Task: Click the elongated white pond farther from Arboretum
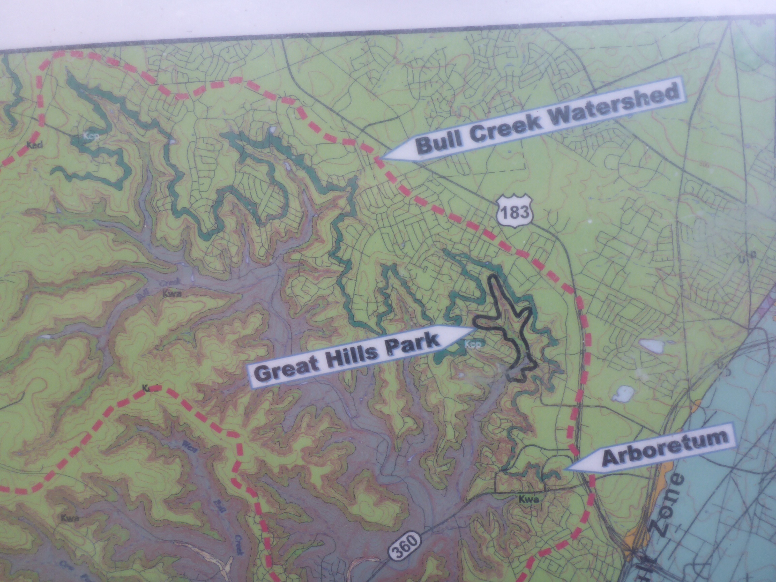(649, 345)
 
